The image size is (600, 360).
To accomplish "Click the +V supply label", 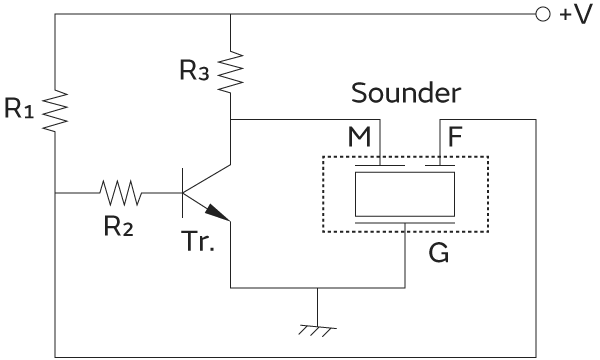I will click(x=579, y=16).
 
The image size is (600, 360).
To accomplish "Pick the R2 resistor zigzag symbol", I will click(x=120, y=190).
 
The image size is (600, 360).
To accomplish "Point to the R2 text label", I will click(x=118, y=225).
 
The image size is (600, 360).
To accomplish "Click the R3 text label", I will click(x=196, y=71).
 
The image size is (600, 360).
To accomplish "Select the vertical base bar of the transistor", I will click(x=184, y=190).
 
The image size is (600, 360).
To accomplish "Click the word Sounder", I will click(x=406, y=95).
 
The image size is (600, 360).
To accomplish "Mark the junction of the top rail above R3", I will click(x=230, y=16).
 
